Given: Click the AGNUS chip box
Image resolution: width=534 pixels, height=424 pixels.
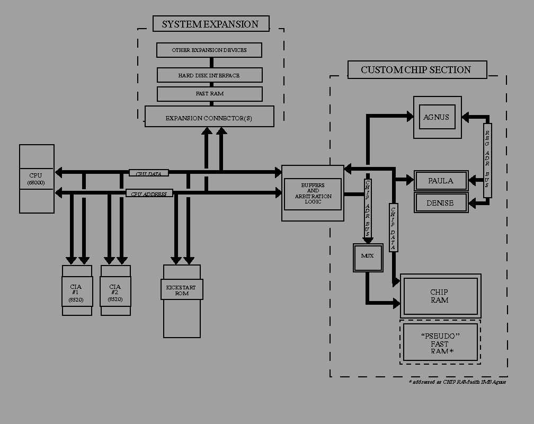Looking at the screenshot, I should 437,117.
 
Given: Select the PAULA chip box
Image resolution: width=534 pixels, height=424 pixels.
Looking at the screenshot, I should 441,181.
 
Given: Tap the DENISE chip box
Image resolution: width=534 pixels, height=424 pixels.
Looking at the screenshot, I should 441,202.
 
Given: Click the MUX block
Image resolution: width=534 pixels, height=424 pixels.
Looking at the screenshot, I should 368,257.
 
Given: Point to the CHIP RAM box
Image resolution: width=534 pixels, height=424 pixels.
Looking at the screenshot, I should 440,296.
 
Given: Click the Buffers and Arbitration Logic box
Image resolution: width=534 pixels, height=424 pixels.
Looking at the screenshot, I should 313,193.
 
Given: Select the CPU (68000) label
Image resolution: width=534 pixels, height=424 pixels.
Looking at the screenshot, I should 37,179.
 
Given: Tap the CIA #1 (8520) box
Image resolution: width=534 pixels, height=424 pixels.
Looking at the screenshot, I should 77,293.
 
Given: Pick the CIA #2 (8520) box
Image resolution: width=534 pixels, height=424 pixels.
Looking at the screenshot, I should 115,293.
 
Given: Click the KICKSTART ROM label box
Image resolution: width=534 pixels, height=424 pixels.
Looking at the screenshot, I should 181,290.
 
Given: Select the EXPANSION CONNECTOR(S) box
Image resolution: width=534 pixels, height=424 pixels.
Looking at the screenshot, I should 209,117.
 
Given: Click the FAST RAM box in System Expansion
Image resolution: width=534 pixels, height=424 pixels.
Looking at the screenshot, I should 209,94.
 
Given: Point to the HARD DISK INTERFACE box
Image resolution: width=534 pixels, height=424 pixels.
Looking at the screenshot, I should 209,75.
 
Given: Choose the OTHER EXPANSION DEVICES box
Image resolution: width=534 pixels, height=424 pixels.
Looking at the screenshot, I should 209,50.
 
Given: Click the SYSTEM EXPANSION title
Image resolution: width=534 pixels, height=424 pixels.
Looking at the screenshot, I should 210,24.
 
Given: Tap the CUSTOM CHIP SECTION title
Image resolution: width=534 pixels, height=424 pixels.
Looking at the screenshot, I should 416,69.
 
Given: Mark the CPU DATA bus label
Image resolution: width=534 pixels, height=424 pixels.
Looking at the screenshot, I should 149,173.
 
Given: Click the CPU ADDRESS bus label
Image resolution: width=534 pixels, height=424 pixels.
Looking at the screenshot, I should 149,194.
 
